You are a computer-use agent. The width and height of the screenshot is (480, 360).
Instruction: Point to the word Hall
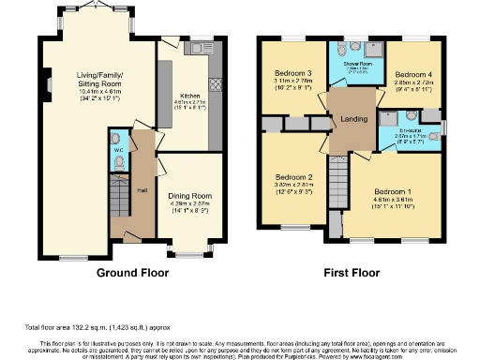tap(142, 189)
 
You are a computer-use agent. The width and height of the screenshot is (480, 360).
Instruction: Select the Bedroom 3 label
tap(293, 73)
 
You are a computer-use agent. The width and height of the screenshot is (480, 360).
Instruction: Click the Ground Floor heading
tap(132, 274)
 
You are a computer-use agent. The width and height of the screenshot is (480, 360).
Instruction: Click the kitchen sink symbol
tap(199, 47)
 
